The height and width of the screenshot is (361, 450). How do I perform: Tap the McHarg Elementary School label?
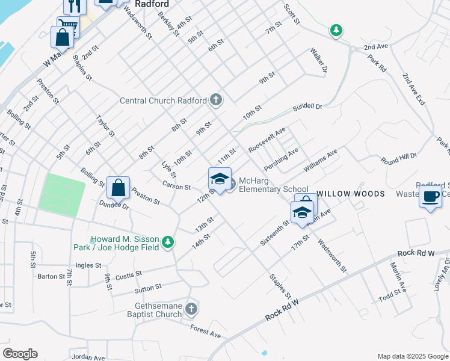coord(273,185)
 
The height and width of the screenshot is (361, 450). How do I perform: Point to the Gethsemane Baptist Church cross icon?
coord(191,309)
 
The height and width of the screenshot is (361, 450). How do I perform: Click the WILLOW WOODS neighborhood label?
coord(350,194)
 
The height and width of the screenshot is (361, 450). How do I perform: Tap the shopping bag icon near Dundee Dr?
coord(119,187)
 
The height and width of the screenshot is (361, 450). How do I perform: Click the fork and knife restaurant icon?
coord(75,6)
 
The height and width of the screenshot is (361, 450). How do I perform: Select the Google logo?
coord(20,354)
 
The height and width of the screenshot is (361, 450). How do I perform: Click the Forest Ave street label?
coord(205,331)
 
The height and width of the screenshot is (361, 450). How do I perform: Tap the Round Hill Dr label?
coord(398,159)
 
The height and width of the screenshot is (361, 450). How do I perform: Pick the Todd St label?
coord(390,295)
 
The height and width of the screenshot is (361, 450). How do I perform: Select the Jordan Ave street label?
coord(88,357)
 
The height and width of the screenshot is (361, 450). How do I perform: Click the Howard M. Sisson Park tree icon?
coord(169,242)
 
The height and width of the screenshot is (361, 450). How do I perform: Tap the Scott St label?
coord(291,14)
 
